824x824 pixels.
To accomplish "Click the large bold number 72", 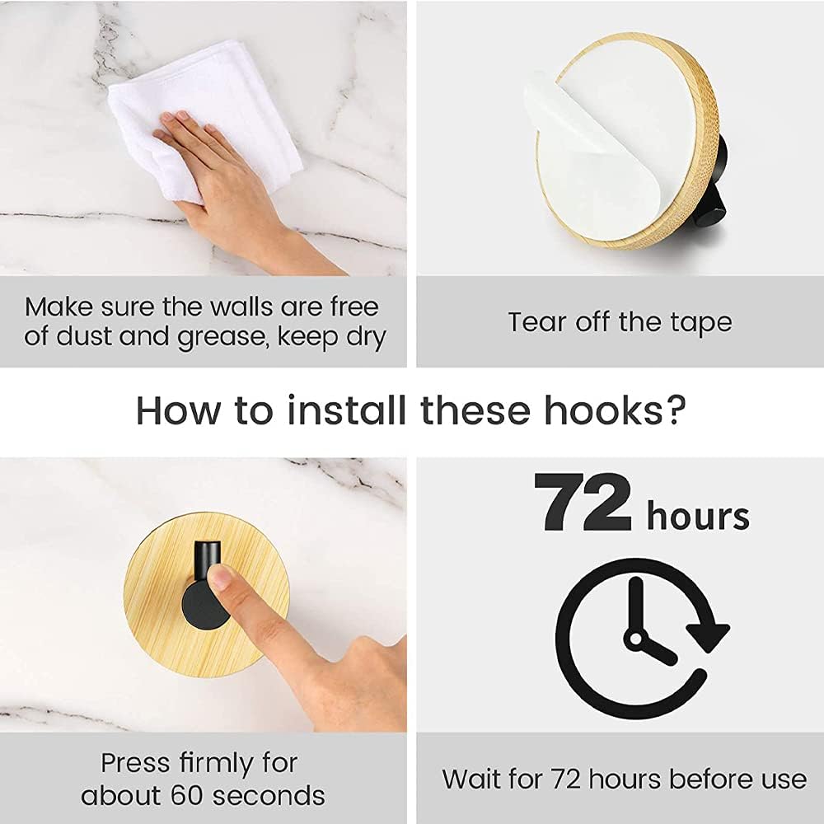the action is point(583,503).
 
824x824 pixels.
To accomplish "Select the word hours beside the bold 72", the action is point(698,516).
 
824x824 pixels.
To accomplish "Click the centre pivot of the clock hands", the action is point(636,639).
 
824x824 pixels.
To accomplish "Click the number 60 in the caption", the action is point(188,795).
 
